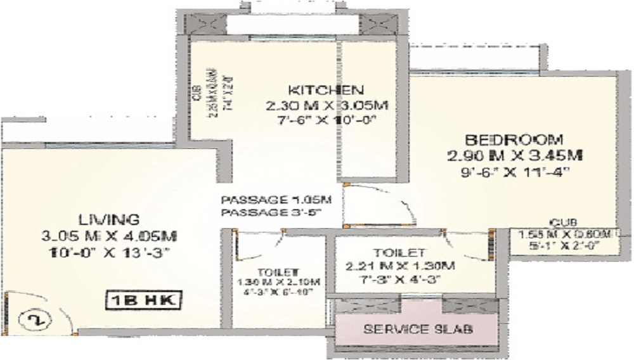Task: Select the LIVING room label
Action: pos(109,220)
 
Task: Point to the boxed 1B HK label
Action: pos(141,299)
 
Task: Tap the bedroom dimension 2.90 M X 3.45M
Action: pos(514,155)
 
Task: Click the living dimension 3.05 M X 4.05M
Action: pos(109,236)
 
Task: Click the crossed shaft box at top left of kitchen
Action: pos(206,25)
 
